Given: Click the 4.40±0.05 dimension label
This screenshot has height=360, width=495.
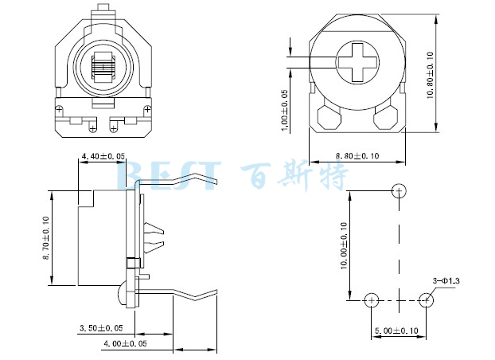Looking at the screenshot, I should [103, 156].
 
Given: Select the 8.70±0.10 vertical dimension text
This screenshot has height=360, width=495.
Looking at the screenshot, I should [45, 237].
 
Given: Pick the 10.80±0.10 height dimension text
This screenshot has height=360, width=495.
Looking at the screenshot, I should [430, 75].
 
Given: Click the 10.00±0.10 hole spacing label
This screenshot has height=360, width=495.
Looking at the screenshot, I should [344, 246].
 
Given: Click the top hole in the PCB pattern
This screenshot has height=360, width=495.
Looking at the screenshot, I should [400, 190].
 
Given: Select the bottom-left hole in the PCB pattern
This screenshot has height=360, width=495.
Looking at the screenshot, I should [371, 300].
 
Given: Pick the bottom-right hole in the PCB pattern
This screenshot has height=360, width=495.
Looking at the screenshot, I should [427, 300].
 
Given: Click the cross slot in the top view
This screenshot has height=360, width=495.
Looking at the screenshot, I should [357, 61].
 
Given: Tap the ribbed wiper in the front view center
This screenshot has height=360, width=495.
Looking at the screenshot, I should [103, 66].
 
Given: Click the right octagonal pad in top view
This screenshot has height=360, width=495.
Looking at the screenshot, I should [387, 117].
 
